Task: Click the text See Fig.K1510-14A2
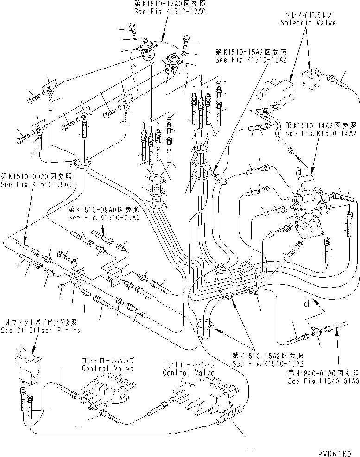[321, 133]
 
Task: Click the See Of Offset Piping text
[41, 330]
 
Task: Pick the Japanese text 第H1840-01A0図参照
[322, 374]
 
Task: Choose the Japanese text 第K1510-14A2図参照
[321, 125]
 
